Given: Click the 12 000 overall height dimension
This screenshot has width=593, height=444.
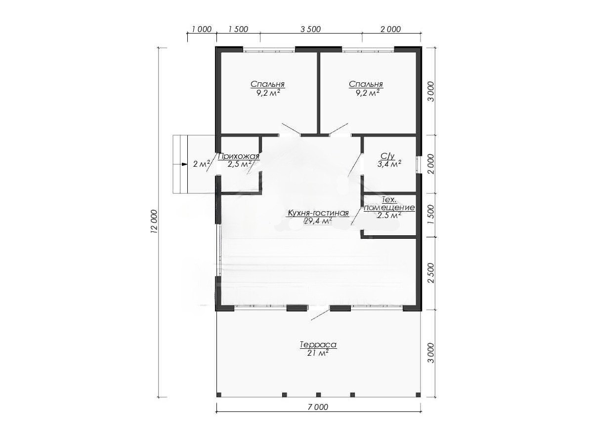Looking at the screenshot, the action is point(154,222).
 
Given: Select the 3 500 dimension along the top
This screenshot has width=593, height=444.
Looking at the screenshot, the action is point(311,29).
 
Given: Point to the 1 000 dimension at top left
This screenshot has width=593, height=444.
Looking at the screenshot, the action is point(202,29).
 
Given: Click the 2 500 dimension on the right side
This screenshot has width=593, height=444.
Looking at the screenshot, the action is point(431,273).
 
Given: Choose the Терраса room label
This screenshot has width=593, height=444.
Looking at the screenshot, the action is point(318,344).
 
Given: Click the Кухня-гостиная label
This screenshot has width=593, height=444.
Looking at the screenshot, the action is point(318,213).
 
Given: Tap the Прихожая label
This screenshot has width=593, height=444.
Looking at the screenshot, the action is point(238,156).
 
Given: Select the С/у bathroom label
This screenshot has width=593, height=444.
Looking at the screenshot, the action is point(388,156).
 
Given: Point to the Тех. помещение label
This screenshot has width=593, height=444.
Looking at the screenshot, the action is point(389,204).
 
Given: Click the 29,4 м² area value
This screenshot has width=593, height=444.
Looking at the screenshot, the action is point(318,221).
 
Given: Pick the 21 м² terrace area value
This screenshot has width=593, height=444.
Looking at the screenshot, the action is point(318,353).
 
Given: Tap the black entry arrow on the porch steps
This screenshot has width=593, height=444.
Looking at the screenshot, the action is point(184,164).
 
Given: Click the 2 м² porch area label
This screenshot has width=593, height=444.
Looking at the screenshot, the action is point(202,164).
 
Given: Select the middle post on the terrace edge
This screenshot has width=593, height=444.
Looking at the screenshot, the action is point(318,395).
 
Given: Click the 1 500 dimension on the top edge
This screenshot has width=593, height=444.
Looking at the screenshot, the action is point(238,29).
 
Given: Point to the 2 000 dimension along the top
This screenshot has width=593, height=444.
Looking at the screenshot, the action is point(391,29).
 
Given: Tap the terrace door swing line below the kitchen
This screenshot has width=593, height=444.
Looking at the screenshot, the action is point(320,315).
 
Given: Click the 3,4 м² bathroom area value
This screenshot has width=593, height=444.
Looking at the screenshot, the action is point(389,164).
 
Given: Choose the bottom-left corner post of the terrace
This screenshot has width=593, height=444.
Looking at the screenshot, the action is point(219,395).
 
